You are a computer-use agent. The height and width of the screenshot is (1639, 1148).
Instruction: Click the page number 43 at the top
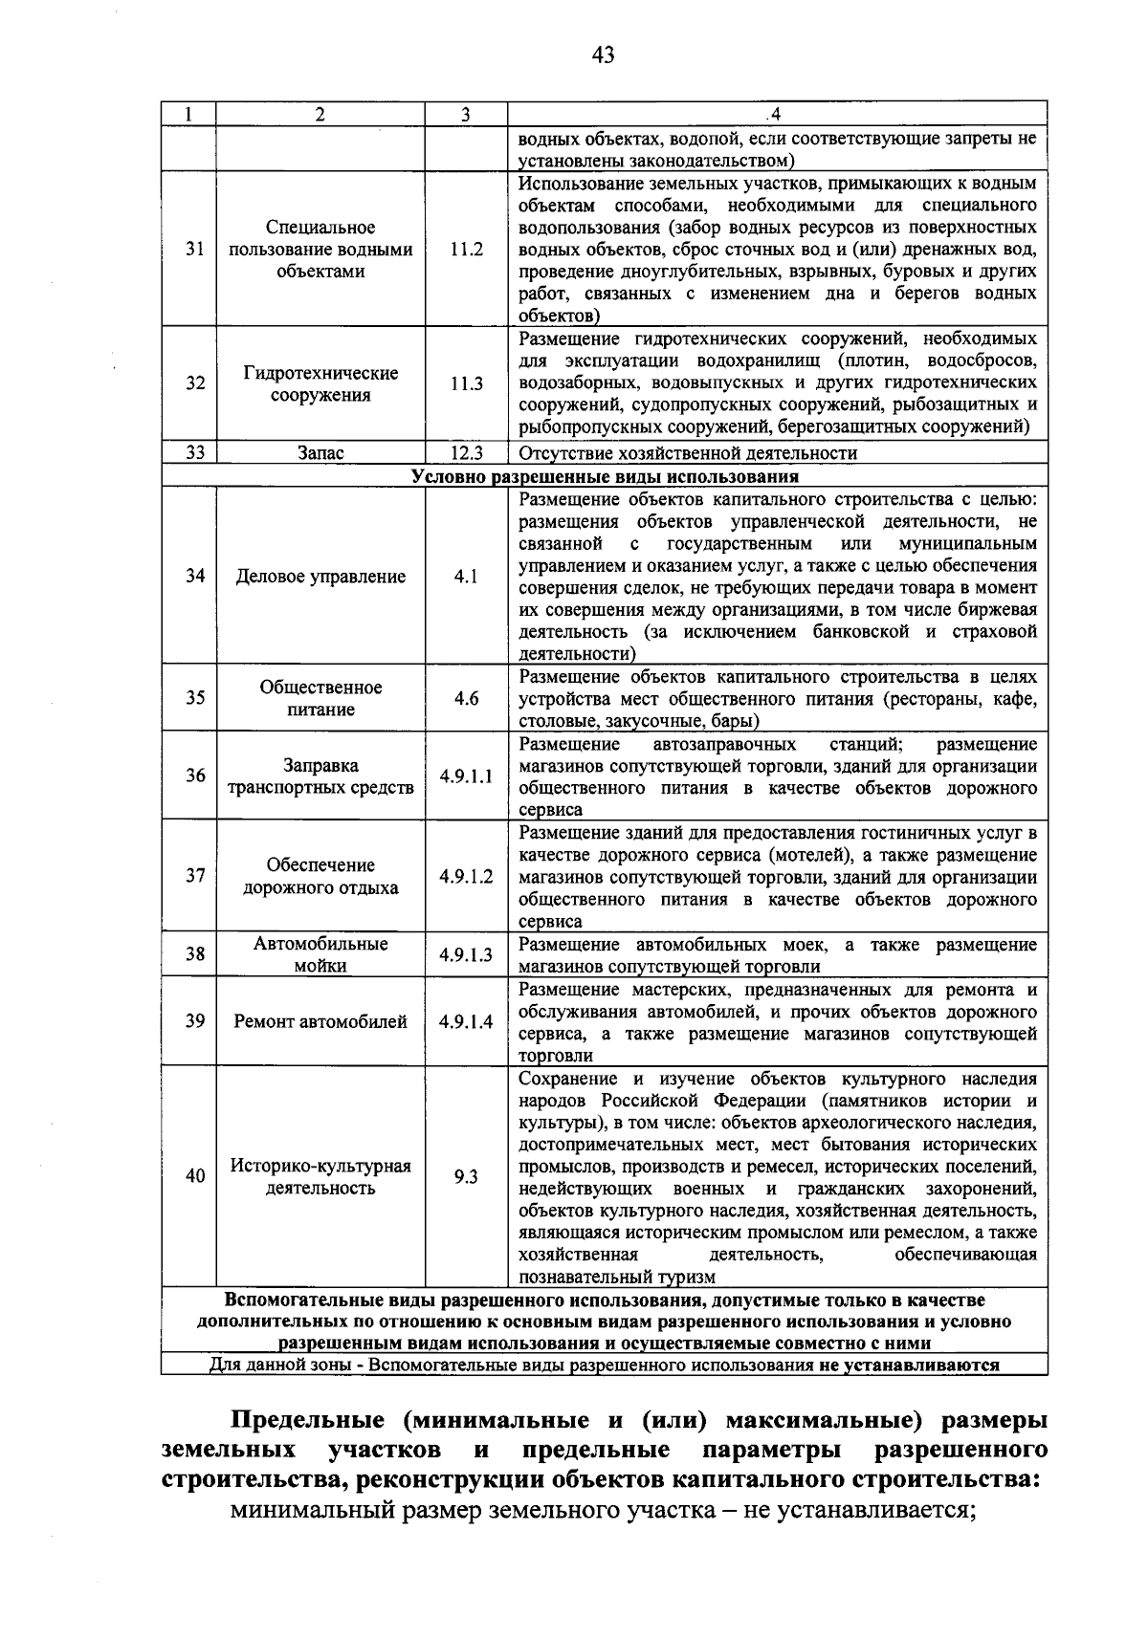(x=602, y=55)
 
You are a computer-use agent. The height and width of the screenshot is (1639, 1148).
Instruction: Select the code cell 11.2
(x=466, y=250)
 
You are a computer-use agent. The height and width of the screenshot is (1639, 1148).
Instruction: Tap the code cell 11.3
(x=466, y=383)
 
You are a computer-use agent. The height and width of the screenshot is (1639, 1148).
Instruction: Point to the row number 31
(x=195, y=250)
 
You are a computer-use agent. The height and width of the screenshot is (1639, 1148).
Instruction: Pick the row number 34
(x=195, y=577)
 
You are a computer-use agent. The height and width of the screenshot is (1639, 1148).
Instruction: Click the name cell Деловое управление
(x=320, y=577)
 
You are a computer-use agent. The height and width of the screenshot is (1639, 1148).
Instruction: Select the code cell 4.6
(x=466, y=698)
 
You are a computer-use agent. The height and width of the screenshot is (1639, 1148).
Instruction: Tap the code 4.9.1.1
(x=466, y=776)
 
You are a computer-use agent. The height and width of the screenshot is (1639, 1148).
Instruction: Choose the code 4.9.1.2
(x=466, y=876)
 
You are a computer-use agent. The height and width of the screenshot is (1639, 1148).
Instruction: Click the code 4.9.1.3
(x=466, y=954)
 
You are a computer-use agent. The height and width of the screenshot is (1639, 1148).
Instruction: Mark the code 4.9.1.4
(x=466, y=1021)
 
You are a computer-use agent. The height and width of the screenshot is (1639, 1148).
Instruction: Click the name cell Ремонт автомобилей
(x=320, y=1021)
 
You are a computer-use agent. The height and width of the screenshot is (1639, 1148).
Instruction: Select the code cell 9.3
(x=466, y=1177)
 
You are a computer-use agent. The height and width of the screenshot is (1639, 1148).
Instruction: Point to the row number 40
(x=195, y=1176)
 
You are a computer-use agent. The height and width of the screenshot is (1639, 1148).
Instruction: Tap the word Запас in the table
(x=320, y=453)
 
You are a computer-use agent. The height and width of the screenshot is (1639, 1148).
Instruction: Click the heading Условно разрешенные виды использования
(x=605, y=476)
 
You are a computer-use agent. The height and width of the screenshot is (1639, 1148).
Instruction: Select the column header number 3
(x=465, y=115)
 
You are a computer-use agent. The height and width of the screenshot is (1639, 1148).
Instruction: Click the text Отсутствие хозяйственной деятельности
(x=688, y=453)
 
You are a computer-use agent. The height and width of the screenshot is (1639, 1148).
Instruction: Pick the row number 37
(x=195, y=876)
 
